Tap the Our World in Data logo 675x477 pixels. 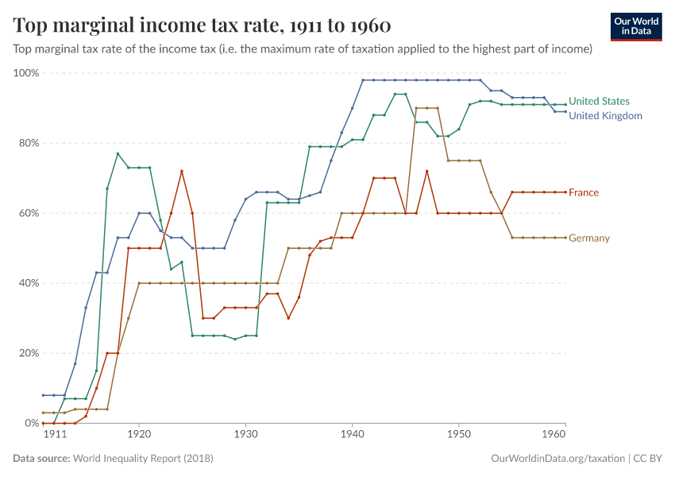coord(635,26)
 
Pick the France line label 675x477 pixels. coord(584,192)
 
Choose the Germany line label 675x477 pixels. coord(589,238)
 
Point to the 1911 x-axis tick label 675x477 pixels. coord(54,436)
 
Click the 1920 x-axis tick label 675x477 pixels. coord(139,436)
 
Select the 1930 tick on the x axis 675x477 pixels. coord(245,436)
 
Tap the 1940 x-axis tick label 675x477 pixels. coord(352,436)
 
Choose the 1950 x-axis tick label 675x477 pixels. coord(458,436)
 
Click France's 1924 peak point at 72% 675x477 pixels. coord(182,171)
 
